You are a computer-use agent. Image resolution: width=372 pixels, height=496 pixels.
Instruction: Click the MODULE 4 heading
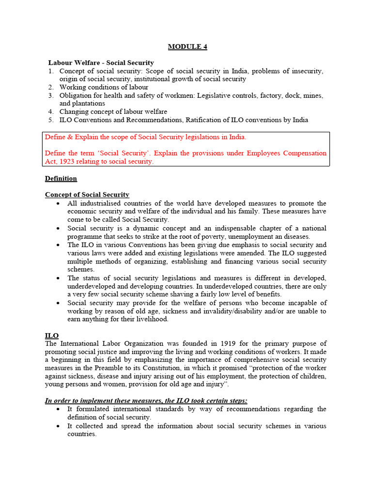[187, 47]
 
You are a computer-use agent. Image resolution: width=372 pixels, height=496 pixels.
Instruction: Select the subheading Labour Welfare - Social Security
[101, 62]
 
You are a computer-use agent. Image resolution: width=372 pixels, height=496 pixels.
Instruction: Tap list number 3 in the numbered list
[51, 95]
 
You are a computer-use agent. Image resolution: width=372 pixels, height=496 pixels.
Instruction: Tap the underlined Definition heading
[61, 178]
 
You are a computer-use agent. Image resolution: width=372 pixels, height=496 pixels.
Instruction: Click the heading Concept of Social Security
[87, 195]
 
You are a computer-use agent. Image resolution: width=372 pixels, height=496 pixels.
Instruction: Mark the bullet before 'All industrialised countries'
[59, 203]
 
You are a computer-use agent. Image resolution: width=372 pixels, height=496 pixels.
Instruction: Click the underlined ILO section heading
[52, 336]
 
